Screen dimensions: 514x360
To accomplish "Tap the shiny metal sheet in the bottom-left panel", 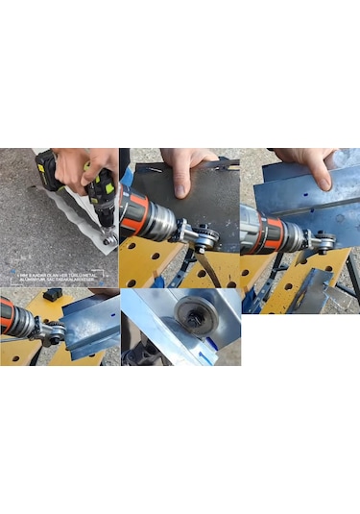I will tap(91, 322).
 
